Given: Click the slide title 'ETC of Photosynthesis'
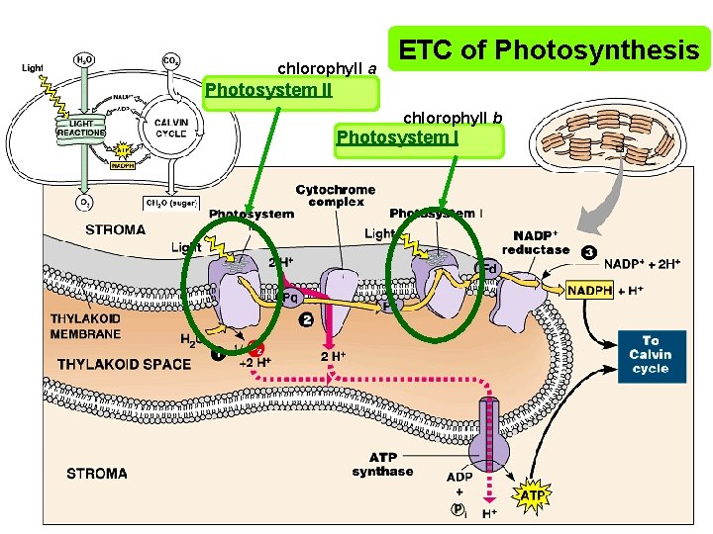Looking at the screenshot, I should [x=550, y=50].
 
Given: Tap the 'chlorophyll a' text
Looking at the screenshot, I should [x=327, y=69].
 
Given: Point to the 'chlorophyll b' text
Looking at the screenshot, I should [x=452, y=119].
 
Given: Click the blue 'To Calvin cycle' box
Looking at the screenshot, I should [x=650, y=354].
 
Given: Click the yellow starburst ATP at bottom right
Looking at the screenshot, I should [x=532, y=493].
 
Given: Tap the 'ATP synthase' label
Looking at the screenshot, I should [x=382, y=464].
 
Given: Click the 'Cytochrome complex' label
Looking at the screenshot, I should [x=335, y=195].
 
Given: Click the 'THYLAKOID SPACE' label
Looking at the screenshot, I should [x=124, y=364].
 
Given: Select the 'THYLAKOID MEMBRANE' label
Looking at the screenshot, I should [x=86, y=326].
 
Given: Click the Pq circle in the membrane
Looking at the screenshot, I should [x=290, y=297].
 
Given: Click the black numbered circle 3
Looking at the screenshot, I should [x=588, y=252].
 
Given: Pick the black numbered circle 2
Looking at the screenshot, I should [x=306, y=320].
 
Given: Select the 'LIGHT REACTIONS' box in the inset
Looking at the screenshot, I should [x=81, y=127].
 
